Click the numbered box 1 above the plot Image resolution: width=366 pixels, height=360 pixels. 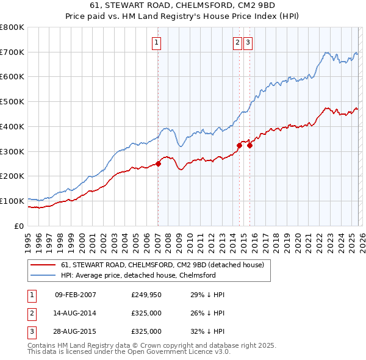coord(157,43)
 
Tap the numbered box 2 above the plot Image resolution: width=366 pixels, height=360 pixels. coord(237,43)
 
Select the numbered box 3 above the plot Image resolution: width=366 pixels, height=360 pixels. coord(249,43)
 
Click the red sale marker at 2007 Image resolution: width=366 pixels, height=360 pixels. coord(158,164)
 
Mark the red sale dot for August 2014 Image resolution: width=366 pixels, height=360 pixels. coord(239,145)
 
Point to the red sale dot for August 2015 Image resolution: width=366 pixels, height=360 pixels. coord(250,145)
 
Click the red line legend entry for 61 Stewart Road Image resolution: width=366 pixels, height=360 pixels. coord(162,265)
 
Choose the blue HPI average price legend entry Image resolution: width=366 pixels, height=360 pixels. coord(138,276)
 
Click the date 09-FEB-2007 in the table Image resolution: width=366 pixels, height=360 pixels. coord(76,295)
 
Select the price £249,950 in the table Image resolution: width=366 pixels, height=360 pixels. coord(146,295)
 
